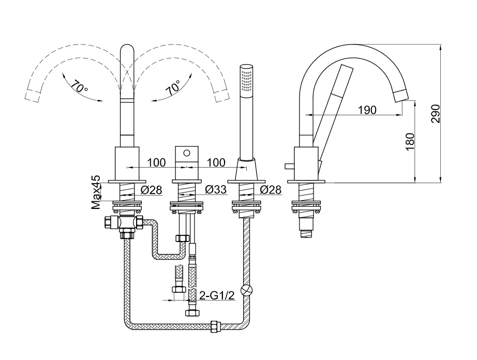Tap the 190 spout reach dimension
click(366, 110)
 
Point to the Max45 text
click(96, 192)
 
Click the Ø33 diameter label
click(216, 190)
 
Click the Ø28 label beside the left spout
click(152, 190)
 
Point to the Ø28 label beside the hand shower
click(271, 190)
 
